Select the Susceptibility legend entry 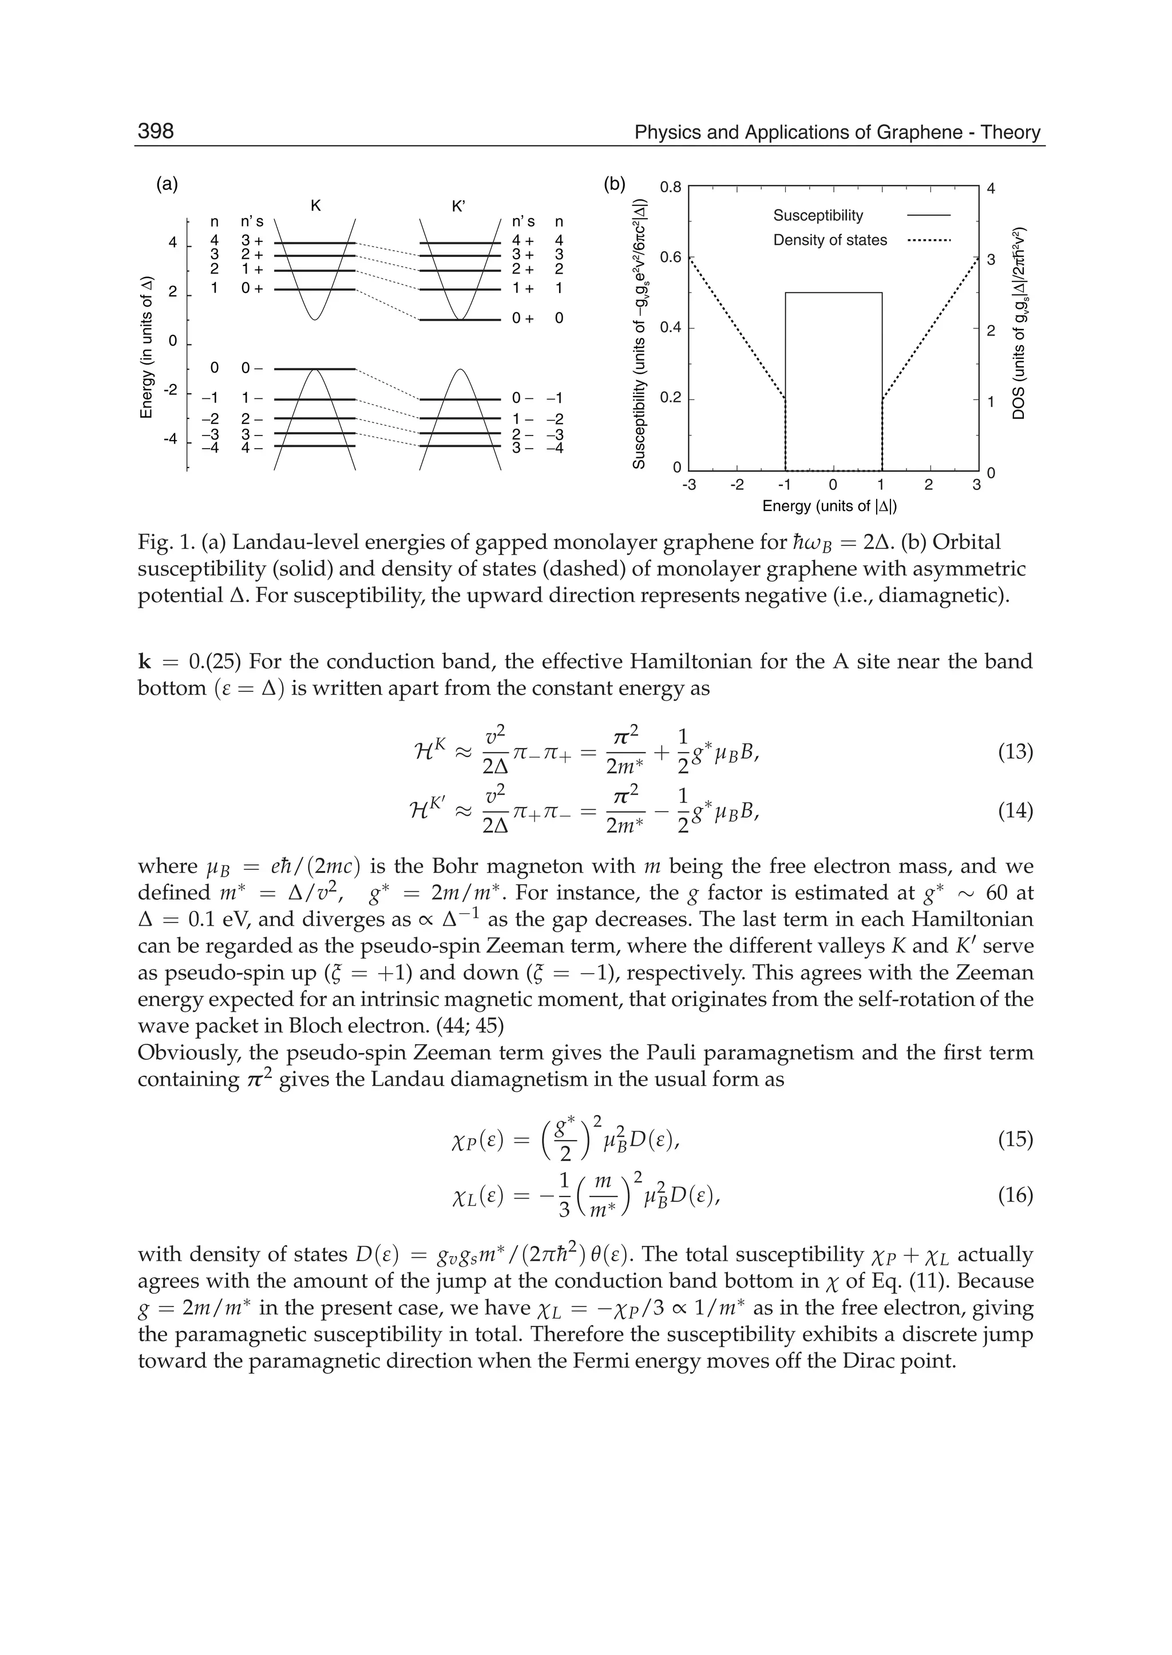click(x=818, y=215)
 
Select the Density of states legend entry click(x=830, y=240)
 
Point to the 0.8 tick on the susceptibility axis click(x=671, y=188)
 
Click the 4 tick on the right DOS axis click(x=991, y=188)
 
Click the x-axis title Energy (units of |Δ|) click(x=829, y=506)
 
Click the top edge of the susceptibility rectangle click(x=834, y=292)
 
